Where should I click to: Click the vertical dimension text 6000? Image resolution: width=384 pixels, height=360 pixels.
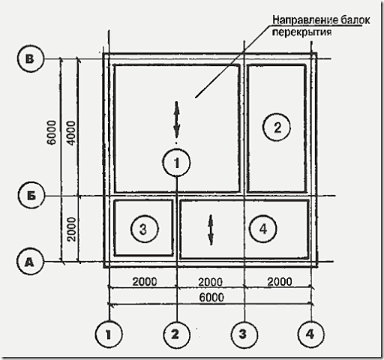coord(52,133)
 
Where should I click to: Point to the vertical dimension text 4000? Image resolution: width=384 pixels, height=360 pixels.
coord(71,133)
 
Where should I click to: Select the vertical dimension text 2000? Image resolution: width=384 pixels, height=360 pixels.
coord(71,229)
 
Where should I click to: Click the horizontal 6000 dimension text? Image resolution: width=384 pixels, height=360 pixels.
coord(211,298)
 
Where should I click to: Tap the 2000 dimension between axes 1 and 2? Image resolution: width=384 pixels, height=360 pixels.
coord(145,282)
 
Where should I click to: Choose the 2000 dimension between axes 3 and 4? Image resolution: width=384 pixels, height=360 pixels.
coord(280,282)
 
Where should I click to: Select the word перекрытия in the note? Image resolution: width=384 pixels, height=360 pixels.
coord(301,32)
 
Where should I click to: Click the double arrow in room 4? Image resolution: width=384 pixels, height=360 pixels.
coord(211,230)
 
